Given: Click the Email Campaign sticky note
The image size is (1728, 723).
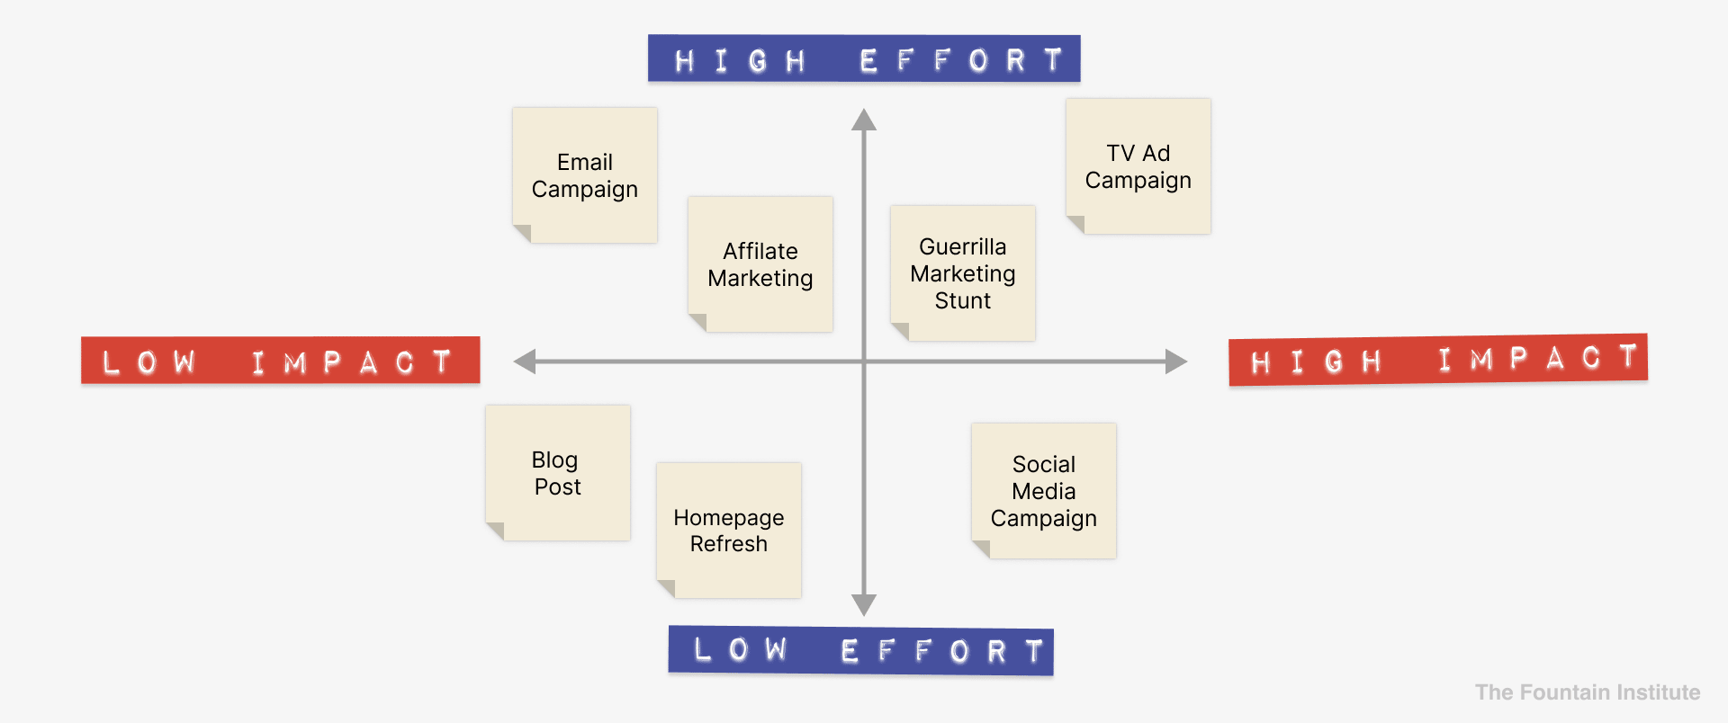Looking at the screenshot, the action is point(585,175).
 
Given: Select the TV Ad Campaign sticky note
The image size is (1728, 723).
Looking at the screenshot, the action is point(1138,166).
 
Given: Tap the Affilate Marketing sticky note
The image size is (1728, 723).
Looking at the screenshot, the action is point(760,264).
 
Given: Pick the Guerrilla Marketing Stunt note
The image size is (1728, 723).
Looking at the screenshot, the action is point(963,273).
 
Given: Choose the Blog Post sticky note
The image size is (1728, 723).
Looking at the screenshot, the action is point(558,473).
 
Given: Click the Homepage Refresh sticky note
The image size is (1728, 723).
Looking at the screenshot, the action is point(729,531).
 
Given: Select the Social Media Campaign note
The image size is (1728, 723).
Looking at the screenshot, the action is point(1044,491).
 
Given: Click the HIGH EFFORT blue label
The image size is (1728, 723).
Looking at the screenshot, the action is point(864,58).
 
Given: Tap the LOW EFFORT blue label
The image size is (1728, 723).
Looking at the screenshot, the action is point(861,650).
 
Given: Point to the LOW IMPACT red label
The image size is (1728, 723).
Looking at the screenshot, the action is point(281,361).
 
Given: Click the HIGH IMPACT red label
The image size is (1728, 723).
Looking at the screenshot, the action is point(1438,360).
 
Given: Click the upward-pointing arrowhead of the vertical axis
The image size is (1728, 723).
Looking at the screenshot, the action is point(864,120).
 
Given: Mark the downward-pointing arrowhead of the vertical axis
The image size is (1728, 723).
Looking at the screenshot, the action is point(864,604).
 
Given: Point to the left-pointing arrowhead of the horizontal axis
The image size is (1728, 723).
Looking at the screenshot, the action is point(525,361).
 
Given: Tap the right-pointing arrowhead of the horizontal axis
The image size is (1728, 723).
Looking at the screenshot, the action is point(1176,361).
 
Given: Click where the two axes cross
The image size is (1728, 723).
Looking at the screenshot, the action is point(864,361).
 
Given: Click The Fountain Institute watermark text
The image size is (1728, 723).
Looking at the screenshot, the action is point(1588,692).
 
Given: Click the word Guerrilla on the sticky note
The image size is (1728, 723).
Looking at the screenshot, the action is point(963,246).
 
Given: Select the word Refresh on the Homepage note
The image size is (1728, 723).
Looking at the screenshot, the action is point(729,544).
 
